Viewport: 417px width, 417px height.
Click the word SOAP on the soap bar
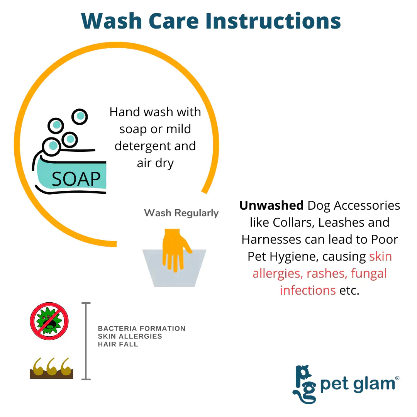click(76, 179)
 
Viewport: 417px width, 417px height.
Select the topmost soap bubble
click(80, 117)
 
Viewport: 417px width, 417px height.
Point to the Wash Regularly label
click(181, 213)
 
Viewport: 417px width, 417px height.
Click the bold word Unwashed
click(271, 205)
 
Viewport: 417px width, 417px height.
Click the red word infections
click(308, 290)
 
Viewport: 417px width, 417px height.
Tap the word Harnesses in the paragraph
click(271, 239)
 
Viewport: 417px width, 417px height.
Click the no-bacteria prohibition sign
click(49, 321)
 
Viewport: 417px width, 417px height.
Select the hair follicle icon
click(51, 368)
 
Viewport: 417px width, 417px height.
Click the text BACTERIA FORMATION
click(141, 329)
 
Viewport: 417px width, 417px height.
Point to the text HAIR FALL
click(118, 344)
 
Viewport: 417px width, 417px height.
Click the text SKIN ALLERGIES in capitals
click(130, 336)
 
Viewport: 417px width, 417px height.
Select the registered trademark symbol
click(397, 378)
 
